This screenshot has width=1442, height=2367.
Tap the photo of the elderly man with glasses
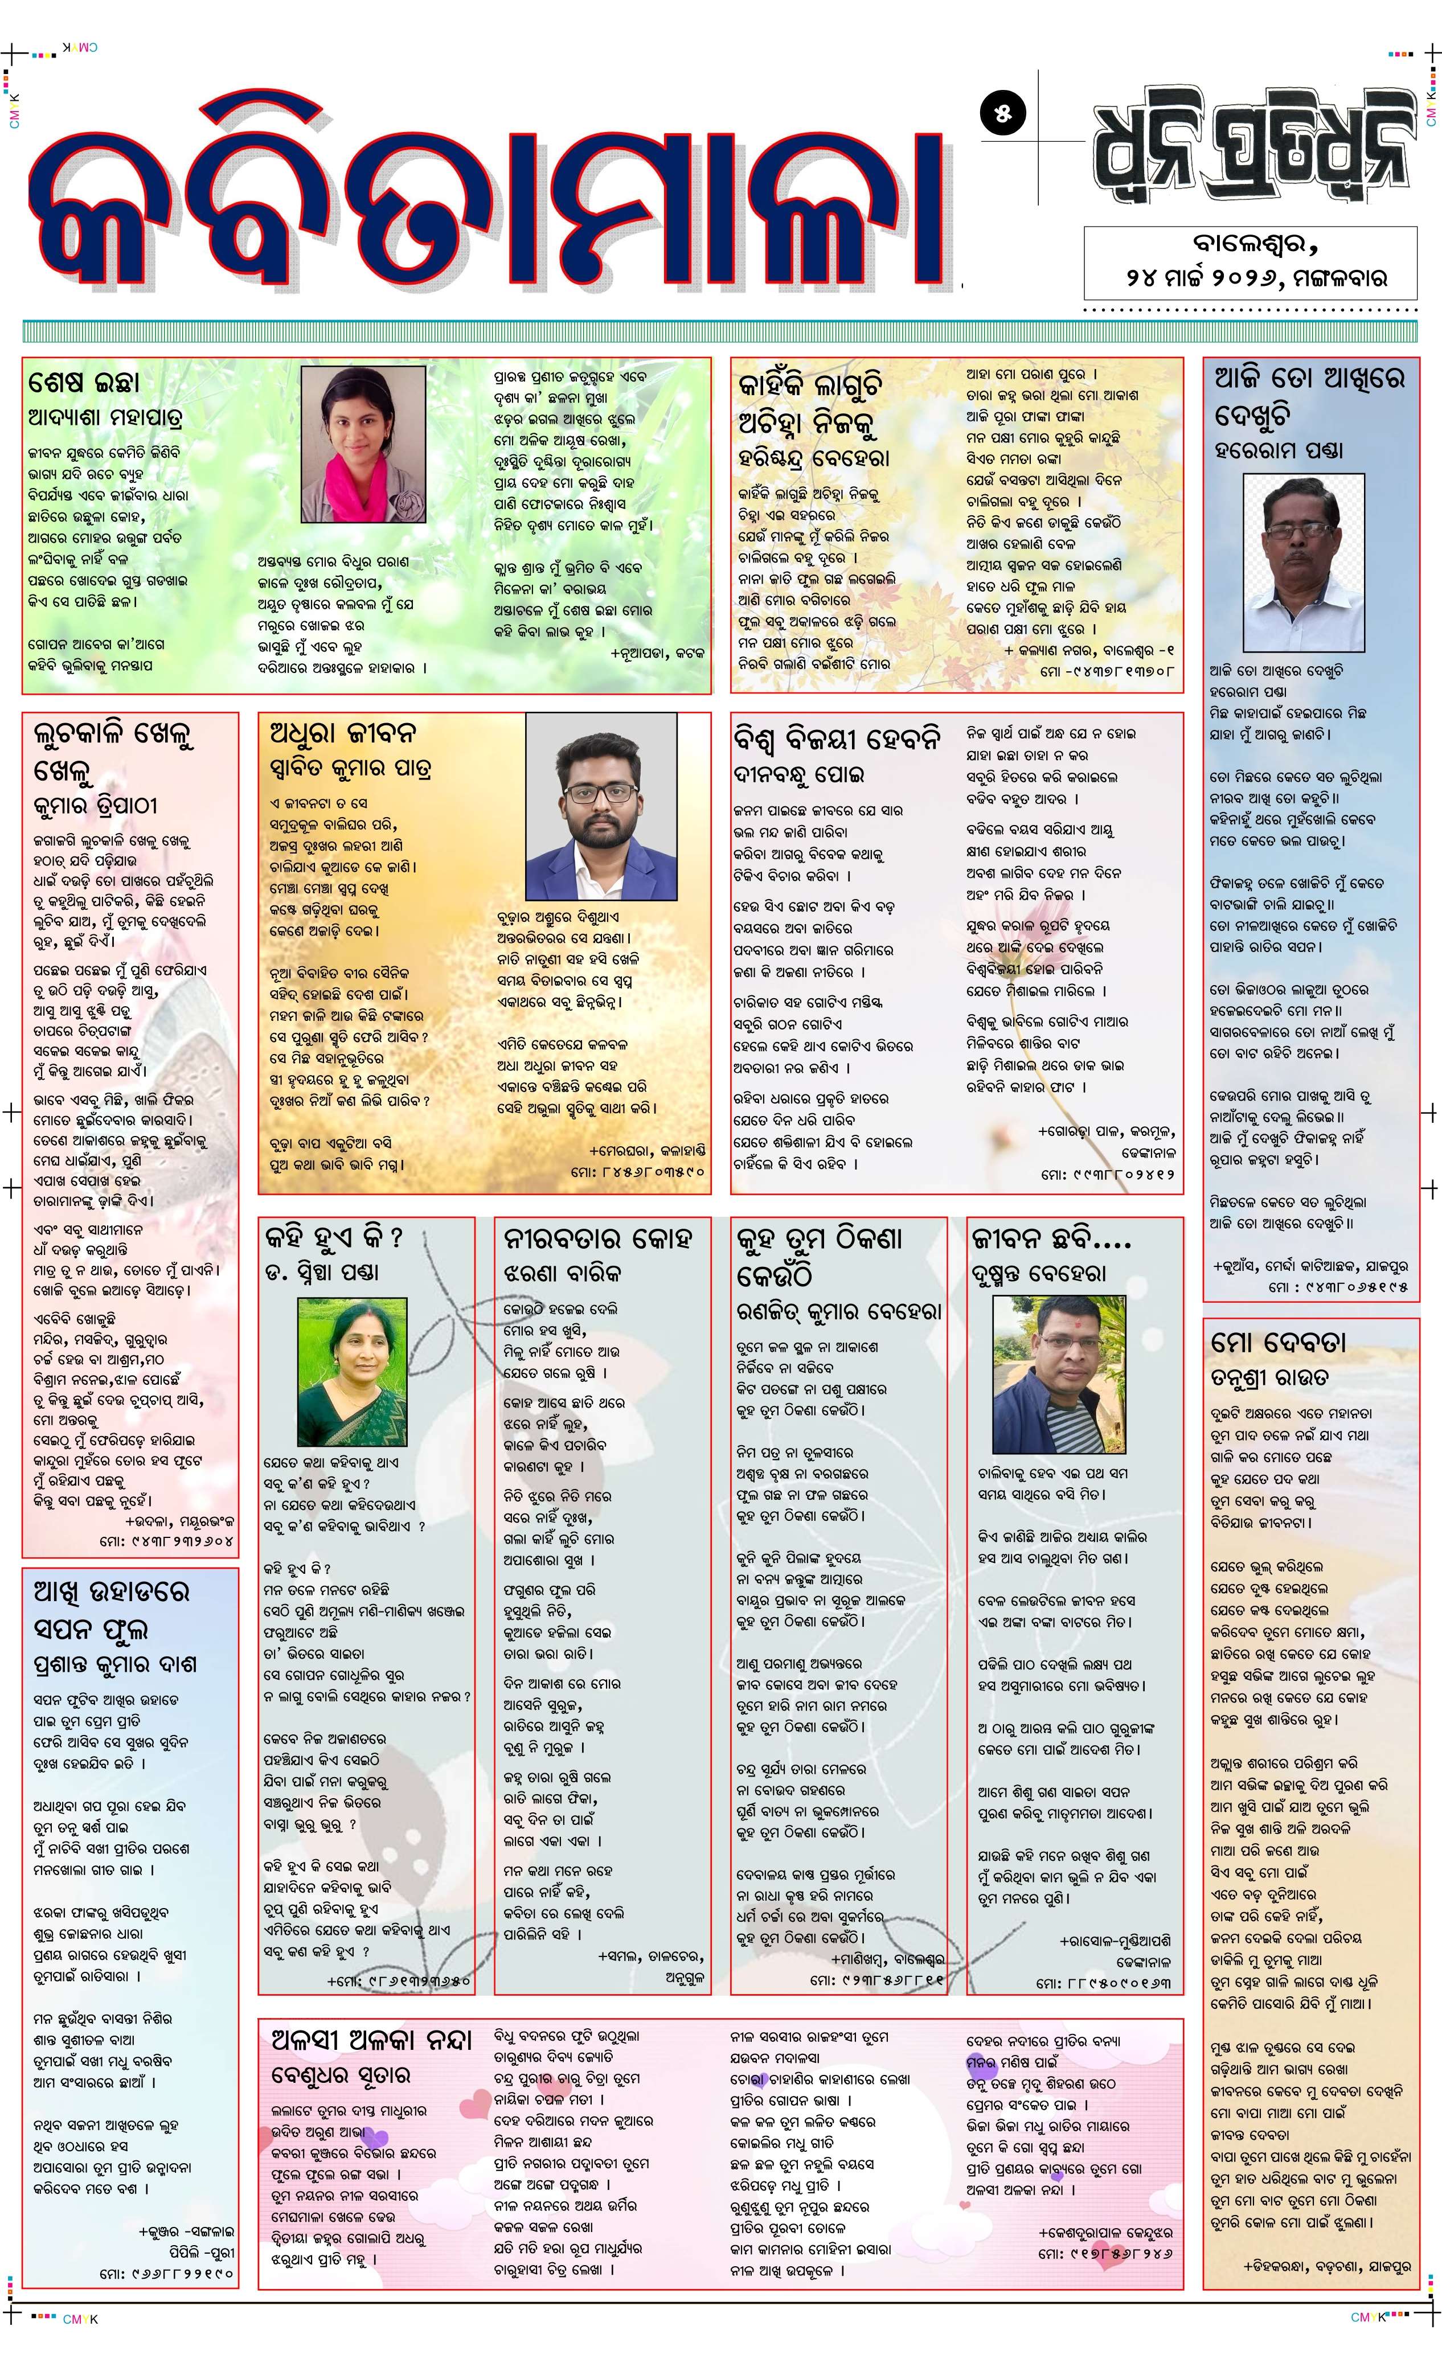1304,562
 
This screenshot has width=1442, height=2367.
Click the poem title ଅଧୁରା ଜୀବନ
343,733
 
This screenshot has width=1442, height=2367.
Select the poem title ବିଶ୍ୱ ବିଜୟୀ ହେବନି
837,739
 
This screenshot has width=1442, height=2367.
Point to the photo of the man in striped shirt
1058,1374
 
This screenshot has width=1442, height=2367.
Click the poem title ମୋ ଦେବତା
1279,1341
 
